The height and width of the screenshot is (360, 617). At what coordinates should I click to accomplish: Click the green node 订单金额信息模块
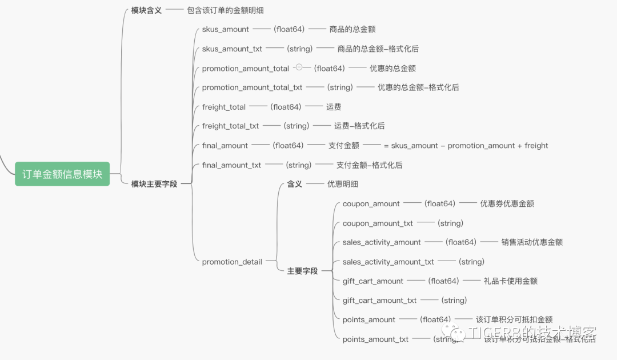62,174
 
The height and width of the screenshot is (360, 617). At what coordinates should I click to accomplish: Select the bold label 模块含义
146,10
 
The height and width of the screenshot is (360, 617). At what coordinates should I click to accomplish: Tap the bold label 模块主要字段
154,184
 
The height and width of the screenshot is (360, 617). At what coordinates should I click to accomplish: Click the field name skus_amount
226,29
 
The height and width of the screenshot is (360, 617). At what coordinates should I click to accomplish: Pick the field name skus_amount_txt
232,49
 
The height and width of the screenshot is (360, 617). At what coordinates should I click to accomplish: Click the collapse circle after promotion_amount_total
299,67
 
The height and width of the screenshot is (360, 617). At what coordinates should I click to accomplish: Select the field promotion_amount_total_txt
252,87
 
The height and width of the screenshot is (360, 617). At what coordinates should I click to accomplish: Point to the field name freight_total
224,107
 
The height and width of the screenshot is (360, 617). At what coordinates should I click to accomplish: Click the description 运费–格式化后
359,126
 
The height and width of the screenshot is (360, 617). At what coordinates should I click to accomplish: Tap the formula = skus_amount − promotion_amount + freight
466,146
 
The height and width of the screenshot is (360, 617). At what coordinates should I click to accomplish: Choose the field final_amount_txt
232,165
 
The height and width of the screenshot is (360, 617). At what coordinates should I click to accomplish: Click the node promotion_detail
232,262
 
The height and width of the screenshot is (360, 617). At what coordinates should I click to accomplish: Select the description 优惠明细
343,184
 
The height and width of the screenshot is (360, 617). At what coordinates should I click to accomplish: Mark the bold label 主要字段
302,271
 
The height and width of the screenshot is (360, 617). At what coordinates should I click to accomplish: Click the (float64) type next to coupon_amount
439,203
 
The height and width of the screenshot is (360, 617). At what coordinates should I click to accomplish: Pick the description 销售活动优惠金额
532,242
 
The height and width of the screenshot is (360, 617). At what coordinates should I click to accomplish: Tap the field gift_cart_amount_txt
380,300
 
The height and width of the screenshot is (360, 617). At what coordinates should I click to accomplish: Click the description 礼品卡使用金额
510,281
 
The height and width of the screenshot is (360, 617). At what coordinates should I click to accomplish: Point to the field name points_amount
369,319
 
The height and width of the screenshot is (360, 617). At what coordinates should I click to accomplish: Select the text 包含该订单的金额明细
225,10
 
